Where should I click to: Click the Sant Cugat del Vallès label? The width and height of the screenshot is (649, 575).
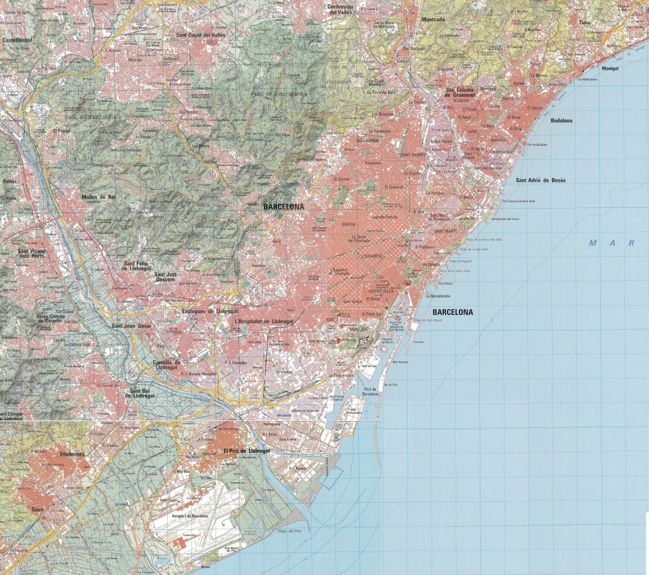[x=200, y=35]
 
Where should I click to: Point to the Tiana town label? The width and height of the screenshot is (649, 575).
[x=585, y=22]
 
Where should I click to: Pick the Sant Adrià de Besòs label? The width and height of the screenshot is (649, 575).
[x=541, y=180]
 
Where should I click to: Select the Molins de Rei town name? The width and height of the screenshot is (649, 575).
[x=99, y=197]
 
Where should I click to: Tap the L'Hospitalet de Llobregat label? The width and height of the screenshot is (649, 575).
[x=264, y=321]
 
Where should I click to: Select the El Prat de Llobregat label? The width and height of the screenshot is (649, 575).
[x=247, y=451]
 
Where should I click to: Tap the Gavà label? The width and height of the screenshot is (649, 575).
[x=37, y=509]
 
